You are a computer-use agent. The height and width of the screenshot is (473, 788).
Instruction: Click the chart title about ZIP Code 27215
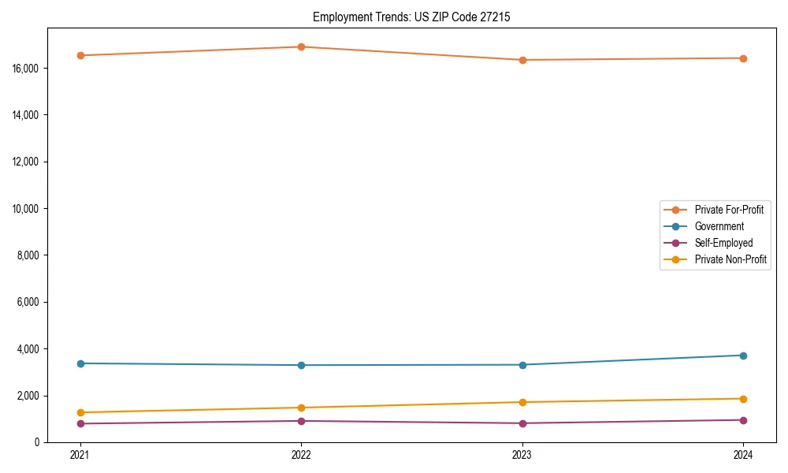click(411, 17)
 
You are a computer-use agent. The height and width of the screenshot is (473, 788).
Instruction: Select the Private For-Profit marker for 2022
click(301, 47)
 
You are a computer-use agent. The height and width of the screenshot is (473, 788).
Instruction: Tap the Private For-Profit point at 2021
click(80, 55)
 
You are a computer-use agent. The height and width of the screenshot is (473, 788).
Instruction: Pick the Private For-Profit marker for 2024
click(743, 58)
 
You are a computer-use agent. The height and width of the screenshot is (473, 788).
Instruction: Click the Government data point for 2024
click(743, 356)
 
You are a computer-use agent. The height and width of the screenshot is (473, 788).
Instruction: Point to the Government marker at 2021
click(80, 363)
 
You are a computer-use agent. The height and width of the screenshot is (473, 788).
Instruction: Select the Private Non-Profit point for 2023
click(522, 402)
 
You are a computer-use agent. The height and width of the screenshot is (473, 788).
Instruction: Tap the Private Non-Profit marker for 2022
click(301, 408)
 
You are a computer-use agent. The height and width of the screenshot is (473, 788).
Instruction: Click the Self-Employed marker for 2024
click(743, 420)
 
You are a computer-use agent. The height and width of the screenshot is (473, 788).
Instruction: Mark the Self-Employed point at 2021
click(80, 423)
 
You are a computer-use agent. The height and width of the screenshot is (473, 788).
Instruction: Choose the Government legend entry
click(719, 226)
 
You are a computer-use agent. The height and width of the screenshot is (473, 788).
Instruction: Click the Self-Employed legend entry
click(723, 243)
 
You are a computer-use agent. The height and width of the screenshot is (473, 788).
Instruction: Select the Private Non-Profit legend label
click(730, 259)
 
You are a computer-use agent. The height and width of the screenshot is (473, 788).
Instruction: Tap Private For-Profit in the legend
click(729, 210)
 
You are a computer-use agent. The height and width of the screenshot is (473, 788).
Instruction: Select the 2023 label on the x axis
click(522, 455)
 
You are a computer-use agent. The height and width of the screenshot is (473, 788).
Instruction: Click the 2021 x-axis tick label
click(80, 455)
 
